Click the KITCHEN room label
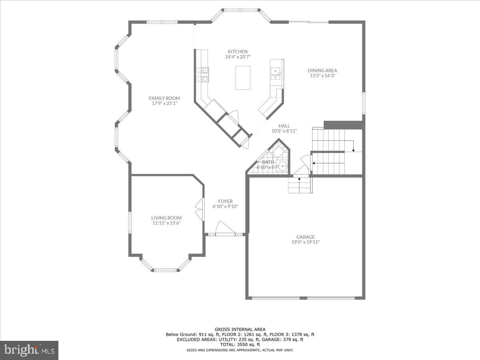click(238, 52)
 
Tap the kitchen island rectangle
click(243, 78)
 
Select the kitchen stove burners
click(203, 74)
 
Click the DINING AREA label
click(322, 70)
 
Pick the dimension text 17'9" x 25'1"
click(164, 103)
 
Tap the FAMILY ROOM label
click(164, 98)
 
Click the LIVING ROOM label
click(166, 218)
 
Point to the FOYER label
click(225, 201)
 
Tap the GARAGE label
click(306, 237)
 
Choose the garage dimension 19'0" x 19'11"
click(306, 242)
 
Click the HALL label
click(284, 126)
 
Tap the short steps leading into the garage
click(300, 185)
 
